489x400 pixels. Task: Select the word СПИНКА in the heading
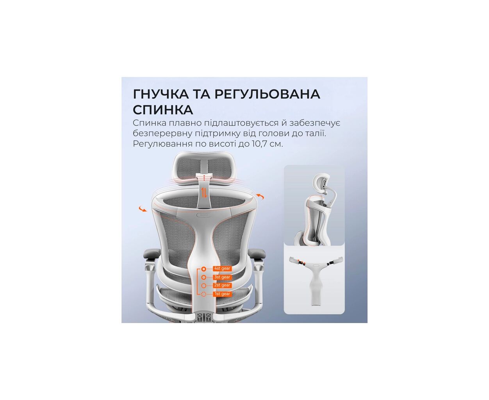pyautogui.click(x=163, y=110)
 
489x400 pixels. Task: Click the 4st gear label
pyautogui.click(x=222, y=268)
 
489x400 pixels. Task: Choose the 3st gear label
pyautogui.click(x=222, y=277)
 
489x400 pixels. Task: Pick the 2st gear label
pyautogui.click(x=222, y=285)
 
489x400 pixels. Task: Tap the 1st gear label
pyautogui.click(x=222, y=294)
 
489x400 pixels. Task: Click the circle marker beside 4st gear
pyautogui.click(x=203, y=269)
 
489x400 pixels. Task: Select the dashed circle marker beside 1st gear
pyautogui.click(x=203, y=294)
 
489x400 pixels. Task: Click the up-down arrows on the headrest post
pyautogui.click(x=204, y=193)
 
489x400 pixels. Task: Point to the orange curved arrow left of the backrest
pyautogui.click(x=143, y=209)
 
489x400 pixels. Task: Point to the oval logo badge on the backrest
pyautogui.click(x=204, y=215)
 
